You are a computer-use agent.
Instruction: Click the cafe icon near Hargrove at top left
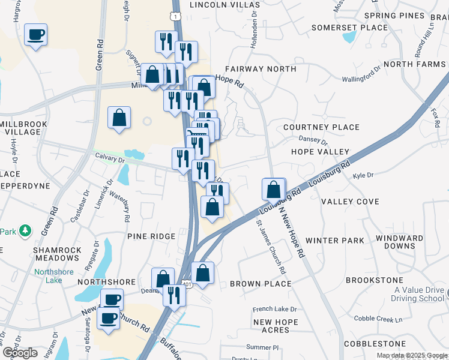point(36,35)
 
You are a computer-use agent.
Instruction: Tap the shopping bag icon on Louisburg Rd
point(274,190)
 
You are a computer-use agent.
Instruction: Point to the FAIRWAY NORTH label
point(261,69)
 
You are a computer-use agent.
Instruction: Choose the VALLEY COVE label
point(350,202)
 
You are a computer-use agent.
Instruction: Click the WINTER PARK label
point(335,241)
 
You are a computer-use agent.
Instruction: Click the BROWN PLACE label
point(261,284)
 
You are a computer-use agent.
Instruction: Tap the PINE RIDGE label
point(151,236)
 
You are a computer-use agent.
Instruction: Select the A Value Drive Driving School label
point(419,294)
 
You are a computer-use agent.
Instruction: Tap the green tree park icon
point(25,230)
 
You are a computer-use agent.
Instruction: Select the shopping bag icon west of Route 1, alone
point(119,118)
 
